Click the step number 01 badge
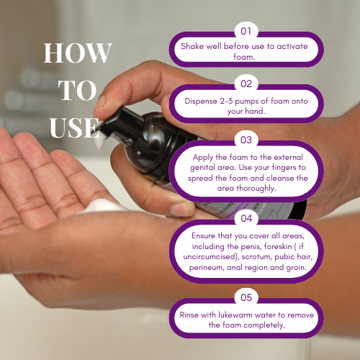(246, 31)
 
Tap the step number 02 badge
(246, 84)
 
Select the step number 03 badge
(246, 140)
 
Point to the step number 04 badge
(246, 218)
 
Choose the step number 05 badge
(246, 297)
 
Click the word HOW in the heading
(78, 53)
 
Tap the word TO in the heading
(77, 90)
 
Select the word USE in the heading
(74, 127)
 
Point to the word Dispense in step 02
(201, 102)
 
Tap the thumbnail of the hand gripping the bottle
(179, 209)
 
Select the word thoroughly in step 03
(256, 189)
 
